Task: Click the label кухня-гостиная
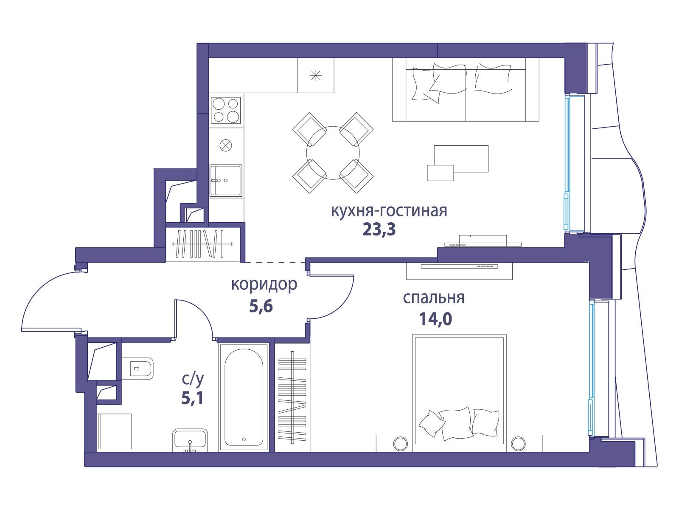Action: [389, 212]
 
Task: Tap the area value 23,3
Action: [379, 229]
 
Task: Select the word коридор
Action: [264, 285]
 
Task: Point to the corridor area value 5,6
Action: [261, 306]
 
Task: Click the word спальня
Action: [434, 298]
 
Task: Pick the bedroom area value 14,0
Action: [435, 319]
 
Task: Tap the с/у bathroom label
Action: [192, 380]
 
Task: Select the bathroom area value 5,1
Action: [192, 399]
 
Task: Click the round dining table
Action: [333, 153]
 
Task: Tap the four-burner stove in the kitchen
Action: [226, 110]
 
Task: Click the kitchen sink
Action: [226, 181]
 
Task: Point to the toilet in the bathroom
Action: [137, 368]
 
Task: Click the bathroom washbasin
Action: [190, 440]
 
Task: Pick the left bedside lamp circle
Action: [401, 444]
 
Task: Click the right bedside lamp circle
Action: [518, 444]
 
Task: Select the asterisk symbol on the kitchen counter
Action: [316, 76]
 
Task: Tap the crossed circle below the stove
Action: [226, 145]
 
